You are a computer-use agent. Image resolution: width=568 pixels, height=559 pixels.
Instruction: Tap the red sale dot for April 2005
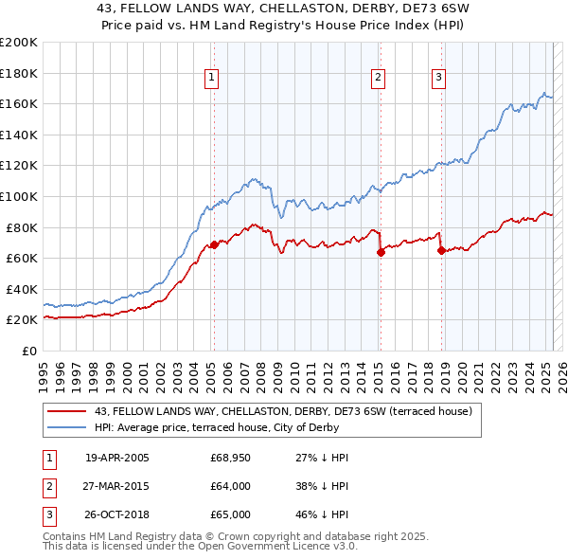[x=214, y=244]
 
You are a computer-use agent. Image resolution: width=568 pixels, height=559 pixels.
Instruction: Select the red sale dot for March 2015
[x=381, y=252]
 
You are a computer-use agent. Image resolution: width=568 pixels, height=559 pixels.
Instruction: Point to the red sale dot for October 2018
[x=441, y=251]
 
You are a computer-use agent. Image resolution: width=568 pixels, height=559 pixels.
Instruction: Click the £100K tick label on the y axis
[x=18, y=196]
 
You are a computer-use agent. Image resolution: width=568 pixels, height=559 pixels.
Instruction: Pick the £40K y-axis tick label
[x=22, y=289]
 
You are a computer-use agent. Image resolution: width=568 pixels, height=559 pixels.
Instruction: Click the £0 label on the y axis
[x=29, y=352]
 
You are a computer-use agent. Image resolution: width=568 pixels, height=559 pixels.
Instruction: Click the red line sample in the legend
[x=67, y=411]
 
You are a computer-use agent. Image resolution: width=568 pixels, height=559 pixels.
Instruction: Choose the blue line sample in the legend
[x=67, y=427]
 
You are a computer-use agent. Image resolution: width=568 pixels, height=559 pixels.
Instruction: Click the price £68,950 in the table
[x=229, y=458]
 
